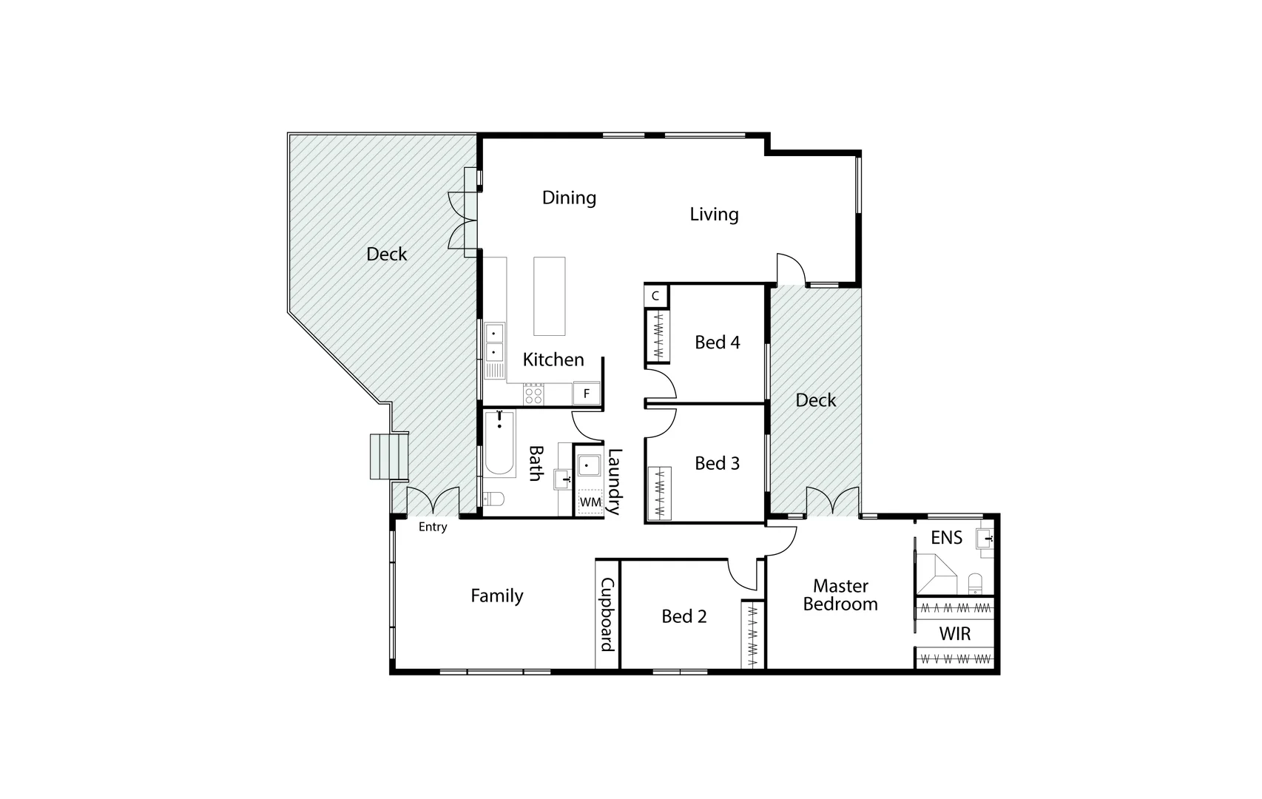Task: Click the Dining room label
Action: click(569, 198)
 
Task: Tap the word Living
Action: click(714, 215)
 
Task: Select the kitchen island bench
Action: click(550, 297)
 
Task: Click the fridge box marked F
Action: click(587, 394)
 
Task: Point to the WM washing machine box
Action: click(590, 502)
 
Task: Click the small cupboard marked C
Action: click(655, 296)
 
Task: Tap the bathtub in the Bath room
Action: click(499, 445)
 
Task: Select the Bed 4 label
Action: click(717, 343)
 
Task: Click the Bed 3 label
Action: click(717, 464)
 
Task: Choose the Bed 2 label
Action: click(684, 616)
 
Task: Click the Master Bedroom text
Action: click(840, 596)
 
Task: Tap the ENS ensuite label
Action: click(946, 538)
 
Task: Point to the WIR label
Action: click(954, 634)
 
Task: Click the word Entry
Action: click(433, 527)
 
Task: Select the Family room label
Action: click(496, 596)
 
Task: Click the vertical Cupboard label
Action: click(607, 615)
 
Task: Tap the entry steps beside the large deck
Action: click(389, 456)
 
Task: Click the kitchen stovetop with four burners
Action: click(533, 394)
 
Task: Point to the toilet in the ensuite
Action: click(975, 583)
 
